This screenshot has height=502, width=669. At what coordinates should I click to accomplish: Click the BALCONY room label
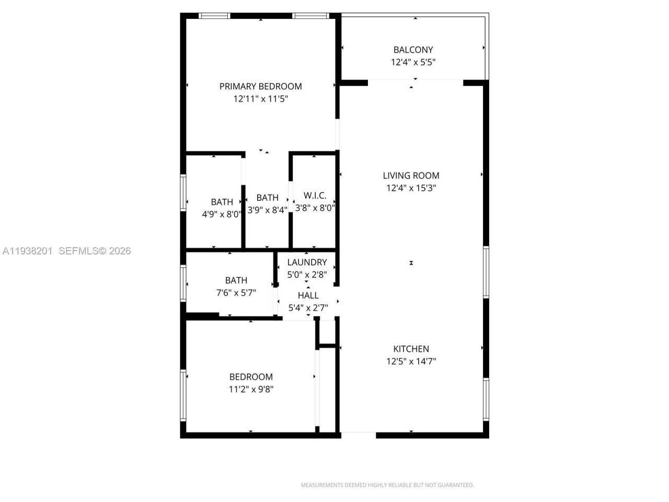tap(413, 50)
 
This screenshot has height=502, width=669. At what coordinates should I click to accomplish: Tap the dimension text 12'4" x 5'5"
tap(413, 62)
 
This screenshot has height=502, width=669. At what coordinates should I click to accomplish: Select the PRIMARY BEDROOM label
tap(260, 86)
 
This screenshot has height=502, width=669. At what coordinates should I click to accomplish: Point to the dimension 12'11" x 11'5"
tap(260, 99)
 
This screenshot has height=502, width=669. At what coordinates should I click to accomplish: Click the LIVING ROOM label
tap(411, 176)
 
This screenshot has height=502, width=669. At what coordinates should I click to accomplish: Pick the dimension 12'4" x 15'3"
tap(411, 188)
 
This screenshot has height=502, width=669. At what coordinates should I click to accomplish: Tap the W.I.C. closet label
tap(315, 196)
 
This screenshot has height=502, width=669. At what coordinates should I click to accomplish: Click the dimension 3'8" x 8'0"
tap(315, 208)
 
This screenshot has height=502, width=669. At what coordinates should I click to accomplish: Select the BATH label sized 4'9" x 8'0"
tap(222, 202)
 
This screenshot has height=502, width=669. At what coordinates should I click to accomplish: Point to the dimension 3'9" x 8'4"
tap(267, 210)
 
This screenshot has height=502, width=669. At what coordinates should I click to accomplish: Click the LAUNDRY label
tap(307, 263)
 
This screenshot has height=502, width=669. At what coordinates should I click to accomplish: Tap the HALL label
tap(308, 295)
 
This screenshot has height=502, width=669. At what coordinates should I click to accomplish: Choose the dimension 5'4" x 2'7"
tap(308, 308)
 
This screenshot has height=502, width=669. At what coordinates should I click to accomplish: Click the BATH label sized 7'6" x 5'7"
tap(236, 280)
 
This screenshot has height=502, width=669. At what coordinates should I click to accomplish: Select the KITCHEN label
tap(411, 349)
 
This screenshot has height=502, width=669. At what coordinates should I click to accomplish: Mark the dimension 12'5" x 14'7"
tap(411, 361)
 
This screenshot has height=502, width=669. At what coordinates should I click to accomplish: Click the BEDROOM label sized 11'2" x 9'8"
tap(251, 376)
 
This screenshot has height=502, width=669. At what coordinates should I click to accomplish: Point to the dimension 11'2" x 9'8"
tap(251, 389)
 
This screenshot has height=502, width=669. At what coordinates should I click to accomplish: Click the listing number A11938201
tap(27, 251)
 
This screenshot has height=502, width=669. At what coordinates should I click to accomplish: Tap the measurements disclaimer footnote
tap(387, 485)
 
